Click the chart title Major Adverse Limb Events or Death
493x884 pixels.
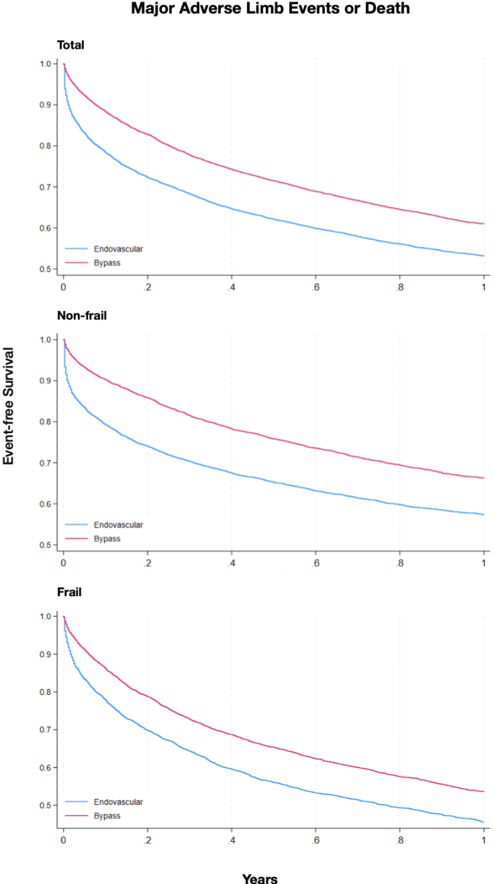(x=271, y=9)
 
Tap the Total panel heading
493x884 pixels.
(x=70, y=45)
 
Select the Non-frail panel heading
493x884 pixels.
(x=81, y=316)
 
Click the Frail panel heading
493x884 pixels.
(x=69, y=593)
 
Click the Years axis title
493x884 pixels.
(x=260, y=878)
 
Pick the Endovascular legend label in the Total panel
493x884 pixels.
(x=118, y=249)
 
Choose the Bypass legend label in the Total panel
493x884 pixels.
(x=107, y=263)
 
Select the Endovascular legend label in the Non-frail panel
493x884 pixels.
(x=118, y=525)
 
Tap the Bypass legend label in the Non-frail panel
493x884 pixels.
(x=107, y=539)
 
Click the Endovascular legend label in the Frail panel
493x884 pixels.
(x=118, y=802)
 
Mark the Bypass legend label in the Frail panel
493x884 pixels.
(x=107, y=816)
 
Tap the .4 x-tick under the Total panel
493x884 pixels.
(x=231, y=287)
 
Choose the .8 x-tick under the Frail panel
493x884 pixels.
(x=400, y=841)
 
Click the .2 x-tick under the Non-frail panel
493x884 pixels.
(x=147, y=563)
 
